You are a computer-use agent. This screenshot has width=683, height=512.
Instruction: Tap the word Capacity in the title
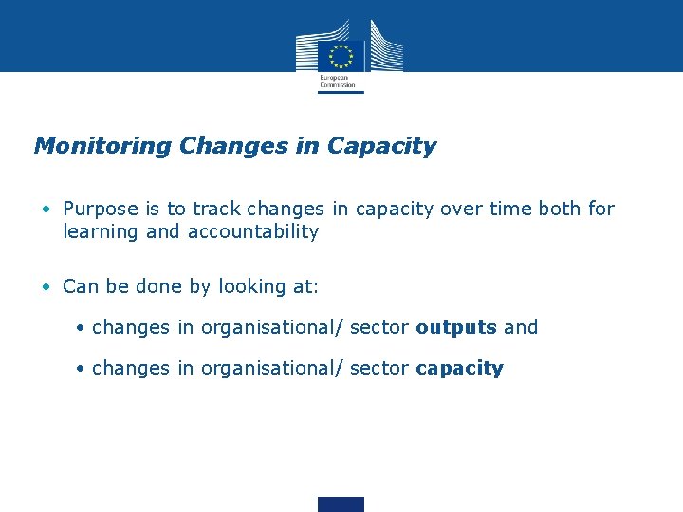click(x=381, y=147)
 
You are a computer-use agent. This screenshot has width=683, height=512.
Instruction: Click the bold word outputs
click(x=456, y=327)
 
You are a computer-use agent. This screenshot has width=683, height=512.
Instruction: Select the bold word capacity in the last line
click(x=459, y=369)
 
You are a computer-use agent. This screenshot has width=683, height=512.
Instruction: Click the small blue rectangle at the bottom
click(x=341, y=503)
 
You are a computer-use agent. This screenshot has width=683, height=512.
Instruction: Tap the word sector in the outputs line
click(x=379, y=327)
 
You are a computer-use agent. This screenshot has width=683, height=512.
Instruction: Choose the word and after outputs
click(x=521, y=327)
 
